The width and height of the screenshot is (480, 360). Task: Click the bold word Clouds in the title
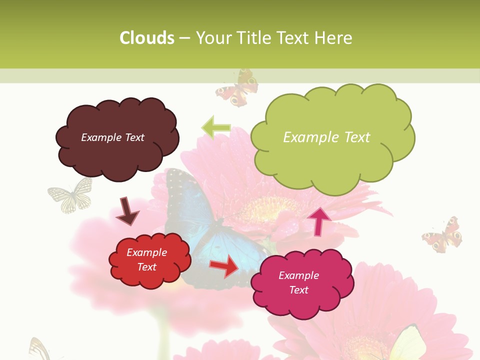[x=147, y=38]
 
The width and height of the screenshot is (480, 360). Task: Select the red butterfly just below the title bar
[x=237, y=89]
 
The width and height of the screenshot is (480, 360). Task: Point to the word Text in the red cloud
[x=147, y=267]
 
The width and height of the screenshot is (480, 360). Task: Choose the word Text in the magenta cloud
[x=299, y=290]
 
